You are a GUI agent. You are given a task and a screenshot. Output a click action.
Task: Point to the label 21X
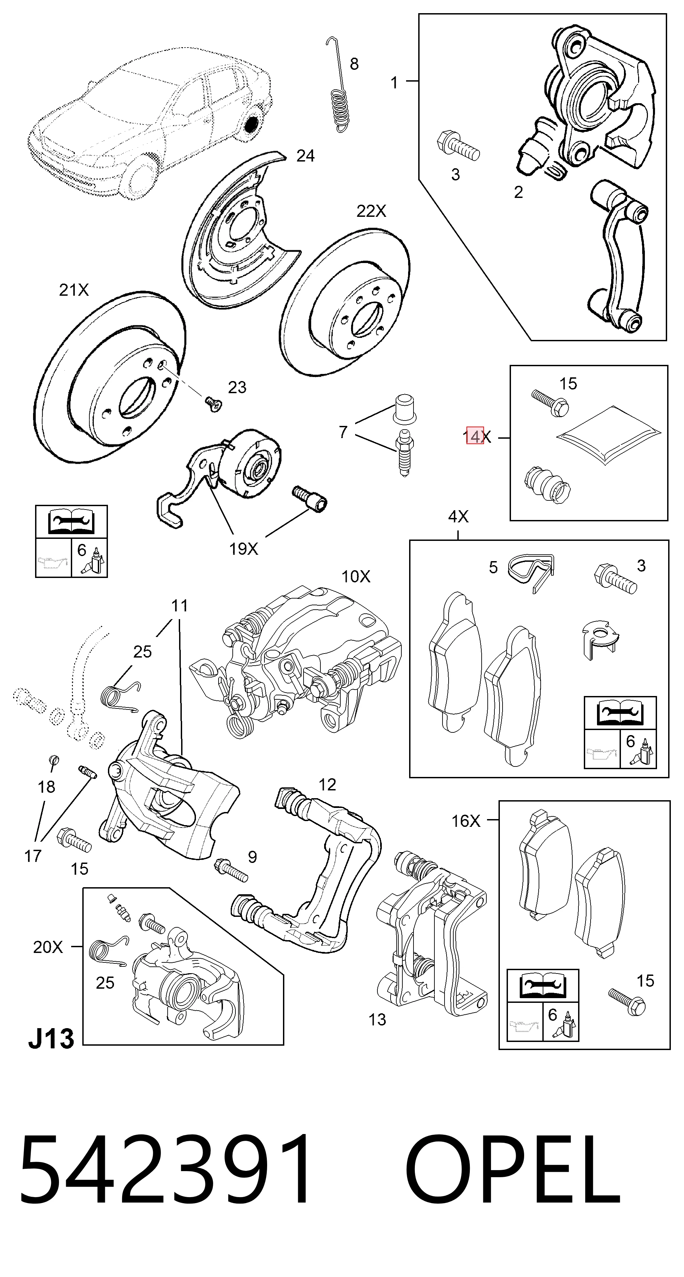pyautogui.click(x=74, y=290)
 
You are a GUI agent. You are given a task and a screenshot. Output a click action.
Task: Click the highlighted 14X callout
pyautogui.click(x=477, y=437)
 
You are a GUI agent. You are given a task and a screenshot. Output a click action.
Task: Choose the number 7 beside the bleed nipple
pyautogui.click(x=343, y=432)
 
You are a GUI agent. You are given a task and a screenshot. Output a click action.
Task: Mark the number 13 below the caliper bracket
pyautogui.click(x=377, y=1020)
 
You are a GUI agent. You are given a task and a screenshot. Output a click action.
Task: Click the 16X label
pyautogui.click(x=466, y=821)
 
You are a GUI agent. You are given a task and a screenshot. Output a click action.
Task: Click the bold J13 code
pyautogui.click(x=51, y=1038)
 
